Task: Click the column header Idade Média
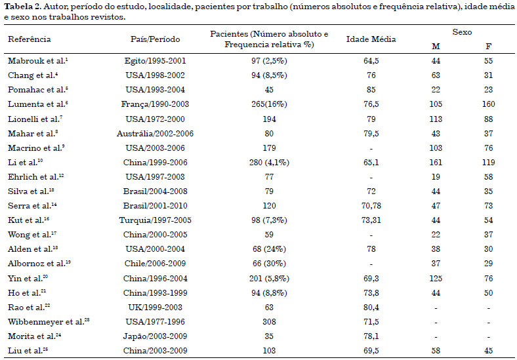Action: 371,39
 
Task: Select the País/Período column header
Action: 155,39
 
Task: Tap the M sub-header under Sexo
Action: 436,47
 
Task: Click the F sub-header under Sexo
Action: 488,47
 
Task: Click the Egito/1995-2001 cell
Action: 155,61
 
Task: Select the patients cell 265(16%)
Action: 269,104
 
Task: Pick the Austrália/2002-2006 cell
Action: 155,134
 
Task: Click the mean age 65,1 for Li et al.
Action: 371,163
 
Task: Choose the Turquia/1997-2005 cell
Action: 155,220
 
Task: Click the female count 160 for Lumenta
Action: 488,104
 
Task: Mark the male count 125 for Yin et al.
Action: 436,278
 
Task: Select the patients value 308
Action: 269,322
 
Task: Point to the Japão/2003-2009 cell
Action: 155,336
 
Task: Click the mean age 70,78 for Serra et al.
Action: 371,206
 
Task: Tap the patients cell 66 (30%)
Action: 269,264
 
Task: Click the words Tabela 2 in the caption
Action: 22,7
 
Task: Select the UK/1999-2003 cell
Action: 155,308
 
